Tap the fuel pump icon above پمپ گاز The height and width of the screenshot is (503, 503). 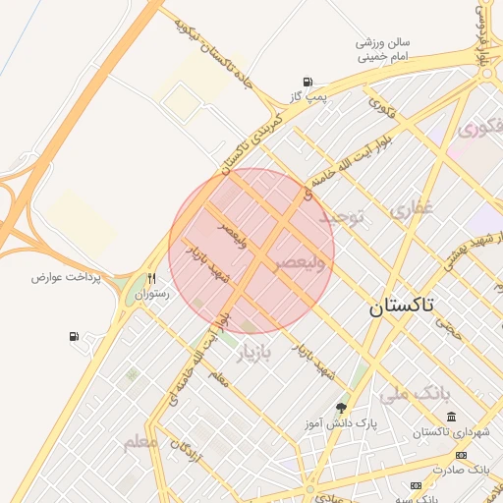308,82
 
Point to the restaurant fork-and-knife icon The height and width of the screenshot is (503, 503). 151,278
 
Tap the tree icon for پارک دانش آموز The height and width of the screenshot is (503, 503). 341,408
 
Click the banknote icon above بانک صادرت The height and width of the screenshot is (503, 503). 462,455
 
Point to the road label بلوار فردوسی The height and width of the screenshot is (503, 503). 482,33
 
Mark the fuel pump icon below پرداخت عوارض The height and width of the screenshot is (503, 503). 75,337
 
